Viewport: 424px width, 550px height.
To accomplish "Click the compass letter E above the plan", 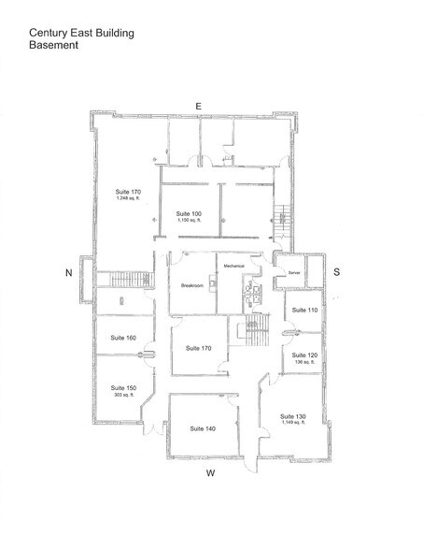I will (x=199, y=106).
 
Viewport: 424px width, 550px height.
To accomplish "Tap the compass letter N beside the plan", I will (x=68, y=273).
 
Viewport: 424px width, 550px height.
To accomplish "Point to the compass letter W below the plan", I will (x=211, y=473).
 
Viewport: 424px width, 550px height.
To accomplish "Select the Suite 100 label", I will (x=190, y=214).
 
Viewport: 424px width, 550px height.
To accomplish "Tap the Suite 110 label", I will (x=305, y=310).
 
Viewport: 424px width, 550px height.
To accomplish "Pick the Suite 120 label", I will (x=305, y=355).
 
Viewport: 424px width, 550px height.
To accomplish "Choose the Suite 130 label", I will (x=293, y=415).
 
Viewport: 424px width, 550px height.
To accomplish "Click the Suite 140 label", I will (x=203, y=428).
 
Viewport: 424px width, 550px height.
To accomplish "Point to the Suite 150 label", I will (x=124, y=387).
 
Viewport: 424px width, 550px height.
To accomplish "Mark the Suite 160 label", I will (x=124, y=338).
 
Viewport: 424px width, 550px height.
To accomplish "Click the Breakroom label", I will (x=193, y=284).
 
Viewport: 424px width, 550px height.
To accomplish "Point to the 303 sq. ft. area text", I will (x=124, y=396).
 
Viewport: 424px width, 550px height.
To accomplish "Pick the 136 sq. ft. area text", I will (x=305, y=364).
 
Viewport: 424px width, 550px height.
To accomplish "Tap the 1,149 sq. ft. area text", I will (x=293, y=424).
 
